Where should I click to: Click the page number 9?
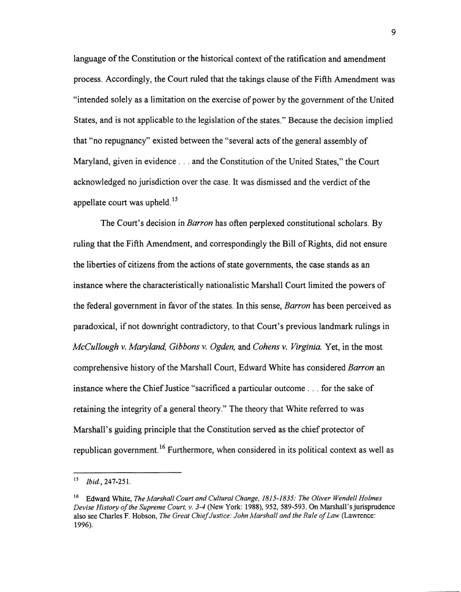point(392,32)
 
